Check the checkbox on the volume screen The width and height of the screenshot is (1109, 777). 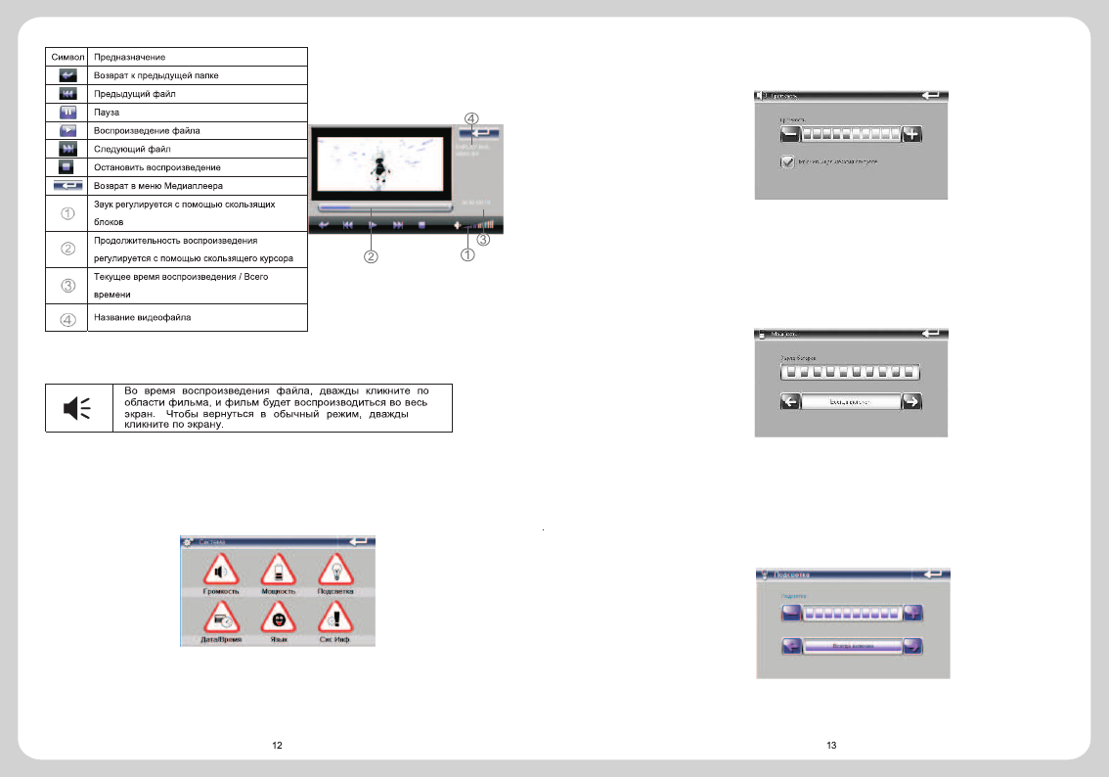[787, 162]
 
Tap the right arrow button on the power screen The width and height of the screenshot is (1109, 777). [910, 401]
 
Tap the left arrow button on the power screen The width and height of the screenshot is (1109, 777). [790, 401]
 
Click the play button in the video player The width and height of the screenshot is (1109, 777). [372, 224]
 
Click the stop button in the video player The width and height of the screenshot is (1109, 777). [421, 224]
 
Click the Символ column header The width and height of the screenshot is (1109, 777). [67, 57]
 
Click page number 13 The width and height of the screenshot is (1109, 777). [831, 746]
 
